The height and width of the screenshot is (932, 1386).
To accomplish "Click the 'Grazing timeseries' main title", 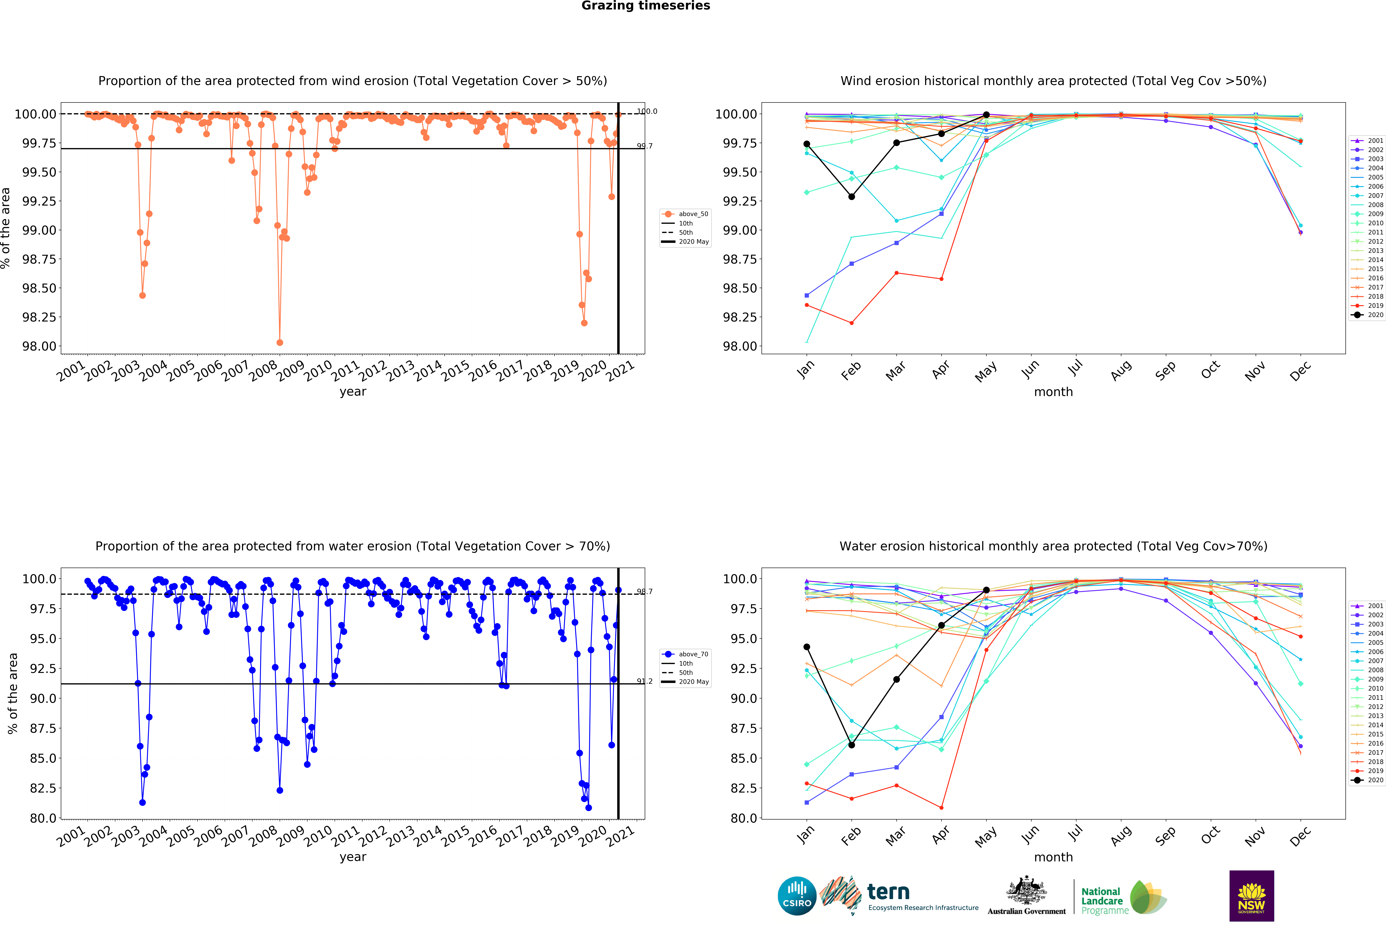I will [x=645, y=6].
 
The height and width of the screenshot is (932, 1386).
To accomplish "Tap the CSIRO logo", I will [x=797, y=896].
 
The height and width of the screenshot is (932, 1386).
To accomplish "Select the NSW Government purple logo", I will [x=1251, y=896].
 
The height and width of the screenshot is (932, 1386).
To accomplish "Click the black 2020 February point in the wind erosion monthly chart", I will [x=851, y=197].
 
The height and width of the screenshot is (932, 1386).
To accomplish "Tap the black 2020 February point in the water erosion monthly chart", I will [x=851, y=745].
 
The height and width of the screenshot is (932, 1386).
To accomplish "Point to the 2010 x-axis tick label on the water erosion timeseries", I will [x=318, y=837].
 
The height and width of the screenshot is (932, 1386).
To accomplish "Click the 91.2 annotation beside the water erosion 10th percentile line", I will [x=645, y=681].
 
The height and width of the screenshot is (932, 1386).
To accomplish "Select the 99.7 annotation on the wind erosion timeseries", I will [x=645, y=146].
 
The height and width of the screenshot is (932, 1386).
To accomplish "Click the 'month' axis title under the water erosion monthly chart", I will [x=1053, y=857].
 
